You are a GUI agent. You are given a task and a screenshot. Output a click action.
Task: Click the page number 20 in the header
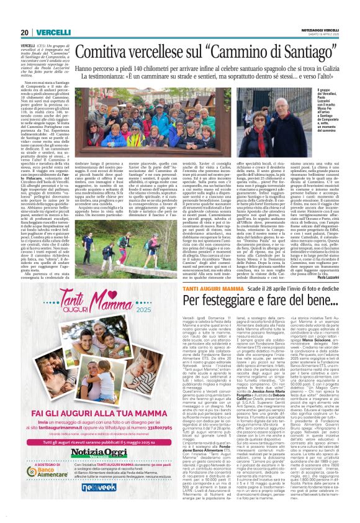(x=25, y=32)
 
